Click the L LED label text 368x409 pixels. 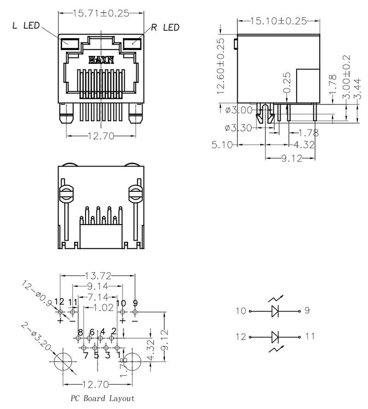[26, 26]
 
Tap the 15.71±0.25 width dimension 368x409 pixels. [101, 13]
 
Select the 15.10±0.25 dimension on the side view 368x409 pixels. [278, 21]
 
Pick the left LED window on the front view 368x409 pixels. [70, 44]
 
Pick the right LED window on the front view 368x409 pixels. [132, 44]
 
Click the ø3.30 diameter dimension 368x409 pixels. [238, 128]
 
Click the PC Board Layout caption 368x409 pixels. [103, 398]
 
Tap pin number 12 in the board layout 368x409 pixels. [59, 302]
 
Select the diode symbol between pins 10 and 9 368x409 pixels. [275, 311]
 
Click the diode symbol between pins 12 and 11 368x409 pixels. [275, 337]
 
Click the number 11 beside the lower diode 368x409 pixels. [310, 337]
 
